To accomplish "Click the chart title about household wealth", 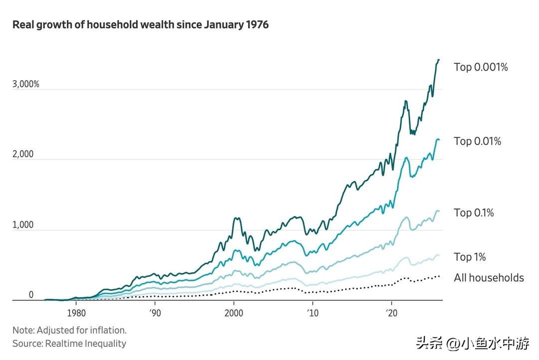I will click(140, 24).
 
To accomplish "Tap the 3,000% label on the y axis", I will click(25, 84).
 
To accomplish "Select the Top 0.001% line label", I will click(481, 67).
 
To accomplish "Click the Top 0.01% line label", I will click(477, 141).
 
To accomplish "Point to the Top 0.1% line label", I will click(474, 213).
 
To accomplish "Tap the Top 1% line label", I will click(470, 257).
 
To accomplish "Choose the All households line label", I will click(489, 278).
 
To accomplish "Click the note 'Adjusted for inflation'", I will click(69, 330).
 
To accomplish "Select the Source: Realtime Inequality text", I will click(69, 344).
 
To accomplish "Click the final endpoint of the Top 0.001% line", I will click(439, 60).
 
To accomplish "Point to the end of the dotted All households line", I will click(439, 276).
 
